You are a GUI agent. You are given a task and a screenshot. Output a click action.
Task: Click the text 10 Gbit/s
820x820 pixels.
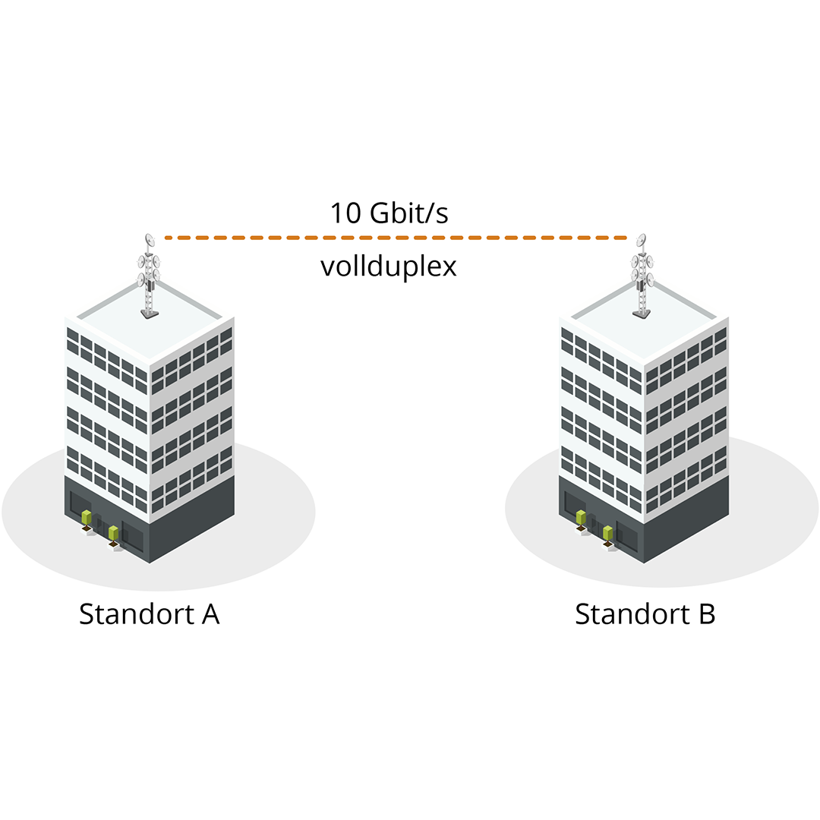(x=389, y=213)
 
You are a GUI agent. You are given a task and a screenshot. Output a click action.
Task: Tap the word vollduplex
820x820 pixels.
(x=389, y=267)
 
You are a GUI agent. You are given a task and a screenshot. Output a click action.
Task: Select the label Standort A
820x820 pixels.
(x=150, y=613)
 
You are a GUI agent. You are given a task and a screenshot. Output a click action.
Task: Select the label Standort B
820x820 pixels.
(x=645, y=613)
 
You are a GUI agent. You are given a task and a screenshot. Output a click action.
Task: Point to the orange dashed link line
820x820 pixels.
(x=395, y=238)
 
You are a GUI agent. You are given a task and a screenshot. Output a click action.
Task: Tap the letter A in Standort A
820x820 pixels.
(x=210, y=613)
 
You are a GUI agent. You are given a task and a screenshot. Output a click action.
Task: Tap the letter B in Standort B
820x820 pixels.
(x=706, y=613)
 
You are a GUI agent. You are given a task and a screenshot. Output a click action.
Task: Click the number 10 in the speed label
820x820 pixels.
(x=345, y=213)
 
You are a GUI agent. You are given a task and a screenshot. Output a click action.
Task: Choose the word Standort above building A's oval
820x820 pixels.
(x=136, y=613)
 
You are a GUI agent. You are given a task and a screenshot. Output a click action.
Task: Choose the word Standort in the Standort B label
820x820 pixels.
(x=632, y=613)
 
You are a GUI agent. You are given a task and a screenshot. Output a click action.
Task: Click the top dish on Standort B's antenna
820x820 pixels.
(x=642, y=240)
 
